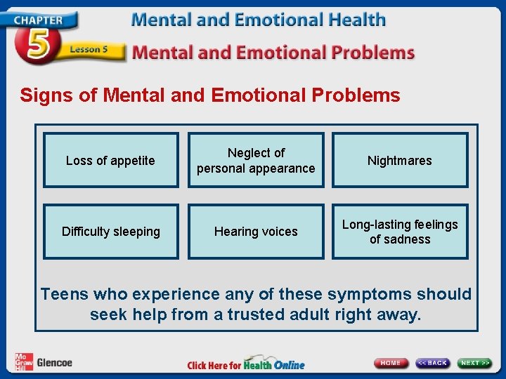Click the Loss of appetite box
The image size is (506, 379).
tap(110, 161)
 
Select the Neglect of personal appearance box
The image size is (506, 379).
tap(256, 161)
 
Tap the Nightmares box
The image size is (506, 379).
tap(400, 161)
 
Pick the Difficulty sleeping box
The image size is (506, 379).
tap(110, 232)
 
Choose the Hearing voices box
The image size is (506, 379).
tap(256, 232)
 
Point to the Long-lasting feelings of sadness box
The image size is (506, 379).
tap(400, 232)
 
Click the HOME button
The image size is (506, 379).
tap(391, 363)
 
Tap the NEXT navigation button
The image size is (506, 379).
tap(476, 363)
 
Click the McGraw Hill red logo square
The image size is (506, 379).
tap(23, 362)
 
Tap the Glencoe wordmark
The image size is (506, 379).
tap(54, 363)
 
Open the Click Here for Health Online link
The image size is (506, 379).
tap(246, 364)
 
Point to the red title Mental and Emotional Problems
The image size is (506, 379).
tap(273, 52)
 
